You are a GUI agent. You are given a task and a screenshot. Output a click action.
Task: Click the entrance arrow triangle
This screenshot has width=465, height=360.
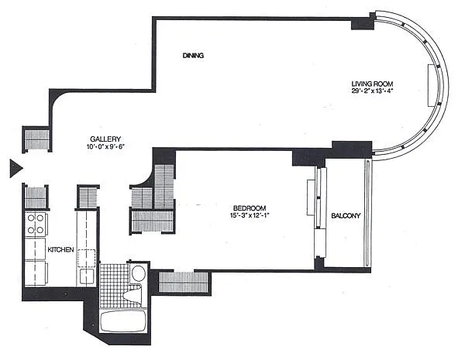15,168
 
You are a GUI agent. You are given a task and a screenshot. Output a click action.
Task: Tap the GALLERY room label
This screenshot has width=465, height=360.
105,139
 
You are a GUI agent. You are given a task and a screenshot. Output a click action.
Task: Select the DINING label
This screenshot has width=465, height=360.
193,56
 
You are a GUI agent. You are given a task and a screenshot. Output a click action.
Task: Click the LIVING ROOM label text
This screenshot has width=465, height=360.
372,84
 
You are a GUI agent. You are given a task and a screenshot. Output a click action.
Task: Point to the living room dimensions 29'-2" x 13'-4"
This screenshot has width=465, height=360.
372,91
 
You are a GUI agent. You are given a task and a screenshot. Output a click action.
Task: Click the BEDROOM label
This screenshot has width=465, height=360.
250,208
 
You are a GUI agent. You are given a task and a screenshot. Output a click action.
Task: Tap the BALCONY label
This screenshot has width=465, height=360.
346,216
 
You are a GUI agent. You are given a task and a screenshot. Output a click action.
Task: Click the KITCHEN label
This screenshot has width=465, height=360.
60,250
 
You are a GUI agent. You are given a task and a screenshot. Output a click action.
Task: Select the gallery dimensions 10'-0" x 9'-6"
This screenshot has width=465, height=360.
105,146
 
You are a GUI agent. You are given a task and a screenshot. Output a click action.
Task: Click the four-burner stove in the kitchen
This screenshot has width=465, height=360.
36,224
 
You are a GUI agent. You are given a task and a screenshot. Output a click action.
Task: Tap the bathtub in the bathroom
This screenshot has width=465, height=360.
123,321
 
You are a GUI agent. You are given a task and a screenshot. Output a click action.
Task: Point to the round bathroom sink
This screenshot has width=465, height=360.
138,273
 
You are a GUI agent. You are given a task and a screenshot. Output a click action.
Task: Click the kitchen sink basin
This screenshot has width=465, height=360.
87,276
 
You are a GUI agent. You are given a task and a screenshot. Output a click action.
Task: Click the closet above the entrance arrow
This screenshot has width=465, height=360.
36,139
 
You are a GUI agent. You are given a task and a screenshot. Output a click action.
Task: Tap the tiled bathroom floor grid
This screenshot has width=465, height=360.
115,284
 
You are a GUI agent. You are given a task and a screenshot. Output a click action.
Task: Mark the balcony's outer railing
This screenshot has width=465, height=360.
367,214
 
